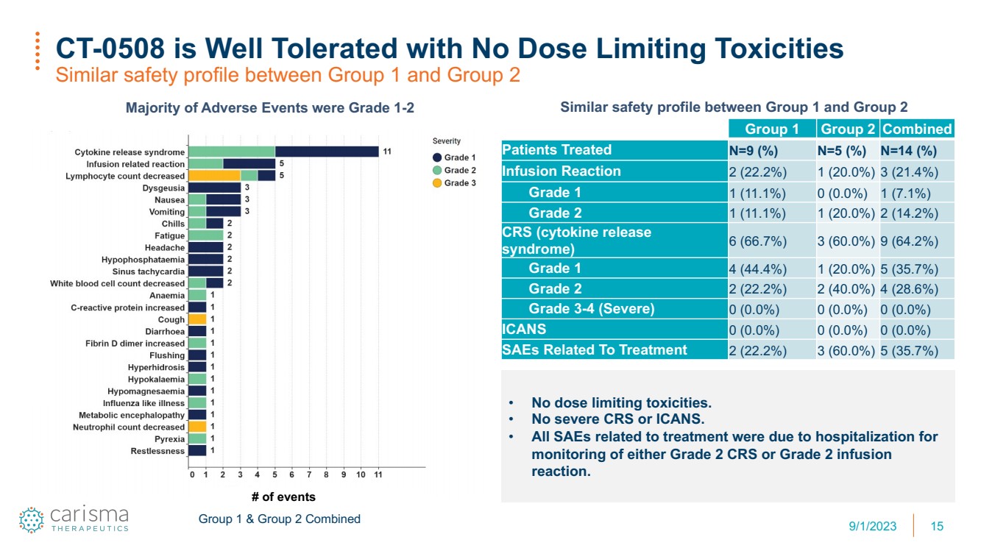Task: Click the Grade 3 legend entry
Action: click(x=454, y=183)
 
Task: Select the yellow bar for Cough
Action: click(x=197, y=319)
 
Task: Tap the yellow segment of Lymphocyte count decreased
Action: click(x=215, y=176)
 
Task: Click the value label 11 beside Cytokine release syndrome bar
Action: click(x=387, y=152)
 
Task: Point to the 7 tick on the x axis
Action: click(x=309, y=474)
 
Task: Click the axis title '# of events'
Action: click(x=283, y=497)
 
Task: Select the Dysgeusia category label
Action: click(x=163, y=188)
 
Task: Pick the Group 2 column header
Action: click(x=847, y=129)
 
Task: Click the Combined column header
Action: click(x=917, y=129)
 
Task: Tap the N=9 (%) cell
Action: click(x=754, y=151)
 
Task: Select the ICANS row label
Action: click(x=524, y=329)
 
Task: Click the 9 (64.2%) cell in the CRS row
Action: click(x=910, y=241)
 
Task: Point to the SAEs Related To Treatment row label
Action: click(x=595, y=349)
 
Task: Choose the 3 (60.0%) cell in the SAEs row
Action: click(x=846, y=351)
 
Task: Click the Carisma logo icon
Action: click(x=32, y=519)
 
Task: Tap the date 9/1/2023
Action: click(x=872, y=526)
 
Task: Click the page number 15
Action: click(x=937, y=526)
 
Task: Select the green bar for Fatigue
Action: click(x=206, y=235)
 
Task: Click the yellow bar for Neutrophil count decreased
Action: click(x=197, y=426)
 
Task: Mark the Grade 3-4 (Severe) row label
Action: click(x=591, y=308)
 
